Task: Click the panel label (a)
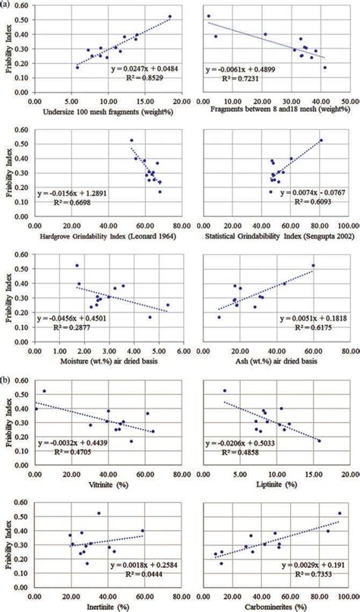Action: coord(6,6)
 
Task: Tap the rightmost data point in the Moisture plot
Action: coord(168,305)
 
